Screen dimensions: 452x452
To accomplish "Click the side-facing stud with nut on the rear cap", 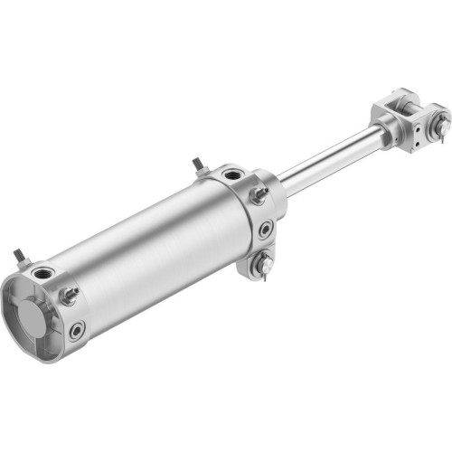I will pyautogui.click(x=69, y=295).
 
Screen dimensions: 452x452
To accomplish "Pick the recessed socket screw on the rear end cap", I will pyautogui.click(x=78, y=330).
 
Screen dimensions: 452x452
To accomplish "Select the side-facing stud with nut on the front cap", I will pyautogui.click(x=259, y=194).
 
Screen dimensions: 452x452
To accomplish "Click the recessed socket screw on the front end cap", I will pyautogui.click(x=265, y=230).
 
